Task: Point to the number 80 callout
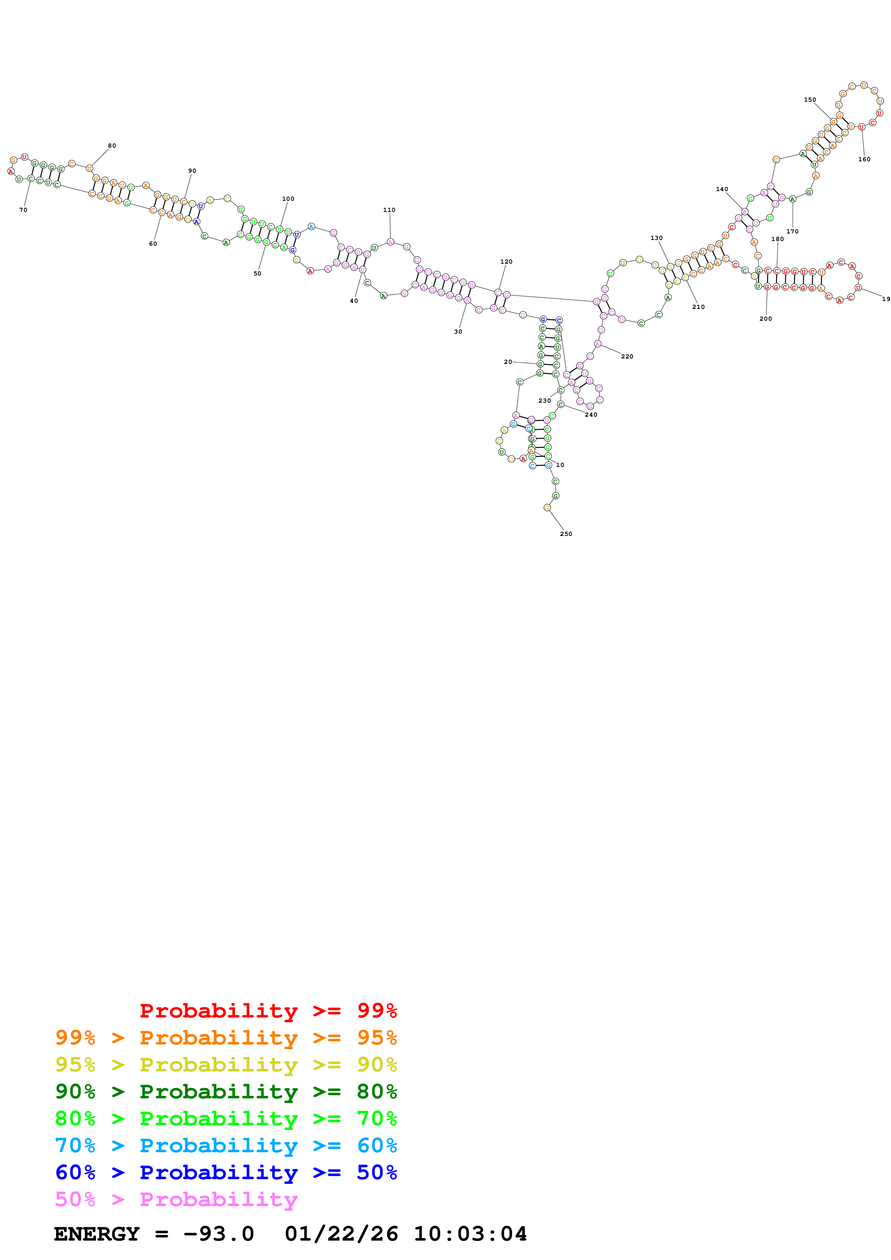(x=112, y=145)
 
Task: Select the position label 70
(x=23, y=210)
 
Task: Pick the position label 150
(x=810, y=99)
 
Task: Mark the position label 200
(x=765, y=318)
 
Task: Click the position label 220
(x=627, y=356)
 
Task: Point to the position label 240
(x=591, y=414)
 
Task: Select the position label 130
(x=657, y=238)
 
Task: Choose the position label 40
(x=354, y=301)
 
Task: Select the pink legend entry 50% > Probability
(x=176, y=1199)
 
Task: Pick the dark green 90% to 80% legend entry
(x=226, y=1092)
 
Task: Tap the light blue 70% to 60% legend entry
(x=226, y=1145)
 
